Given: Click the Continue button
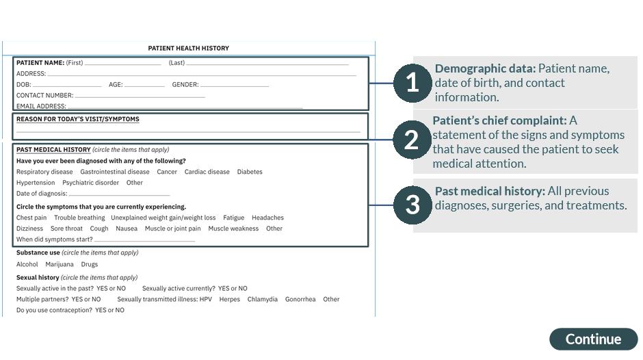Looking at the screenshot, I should click(593, 339).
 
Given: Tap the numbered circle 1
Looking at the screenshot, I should click(412, 83).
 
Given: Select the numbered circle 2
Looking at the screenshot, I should click(412, 140).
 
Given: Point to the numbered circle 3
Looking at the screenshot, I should click(412, 205).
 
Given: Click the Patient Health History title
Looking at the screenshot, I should click(189, 49).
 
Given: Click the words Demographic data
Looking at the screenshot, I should click(485, 68).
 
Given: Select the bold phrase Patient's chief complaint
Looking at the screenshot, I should click(499, 120).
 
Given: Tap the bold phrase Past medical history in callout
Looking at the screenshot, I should click(490, 191).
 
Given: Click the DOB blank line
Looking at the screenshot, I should click(67, 86).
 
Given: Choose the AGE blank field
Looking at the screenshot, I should click(144, 86).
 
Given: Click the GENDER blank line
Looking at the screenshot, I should click(235, 86).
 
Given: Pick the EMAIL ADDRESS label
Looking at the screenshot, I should click(41, 106).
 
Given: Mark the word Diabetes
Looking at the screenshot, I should click(250, 172).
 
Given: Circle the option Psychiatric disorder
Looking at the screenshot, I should click(90, 183).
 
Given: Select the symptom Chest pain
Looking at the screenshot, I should click(31, 218).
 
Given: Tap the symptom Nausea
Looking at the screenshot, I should click(127, 229).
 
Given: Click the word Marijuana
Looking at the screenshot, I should click(60, 264).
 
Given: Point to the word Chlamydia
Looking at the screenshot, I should click(263, 299).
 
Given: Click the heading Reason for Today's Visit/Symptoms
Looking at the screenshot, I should click(77, 119).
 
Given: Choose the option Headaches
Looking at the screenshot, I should click(267, 218).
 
